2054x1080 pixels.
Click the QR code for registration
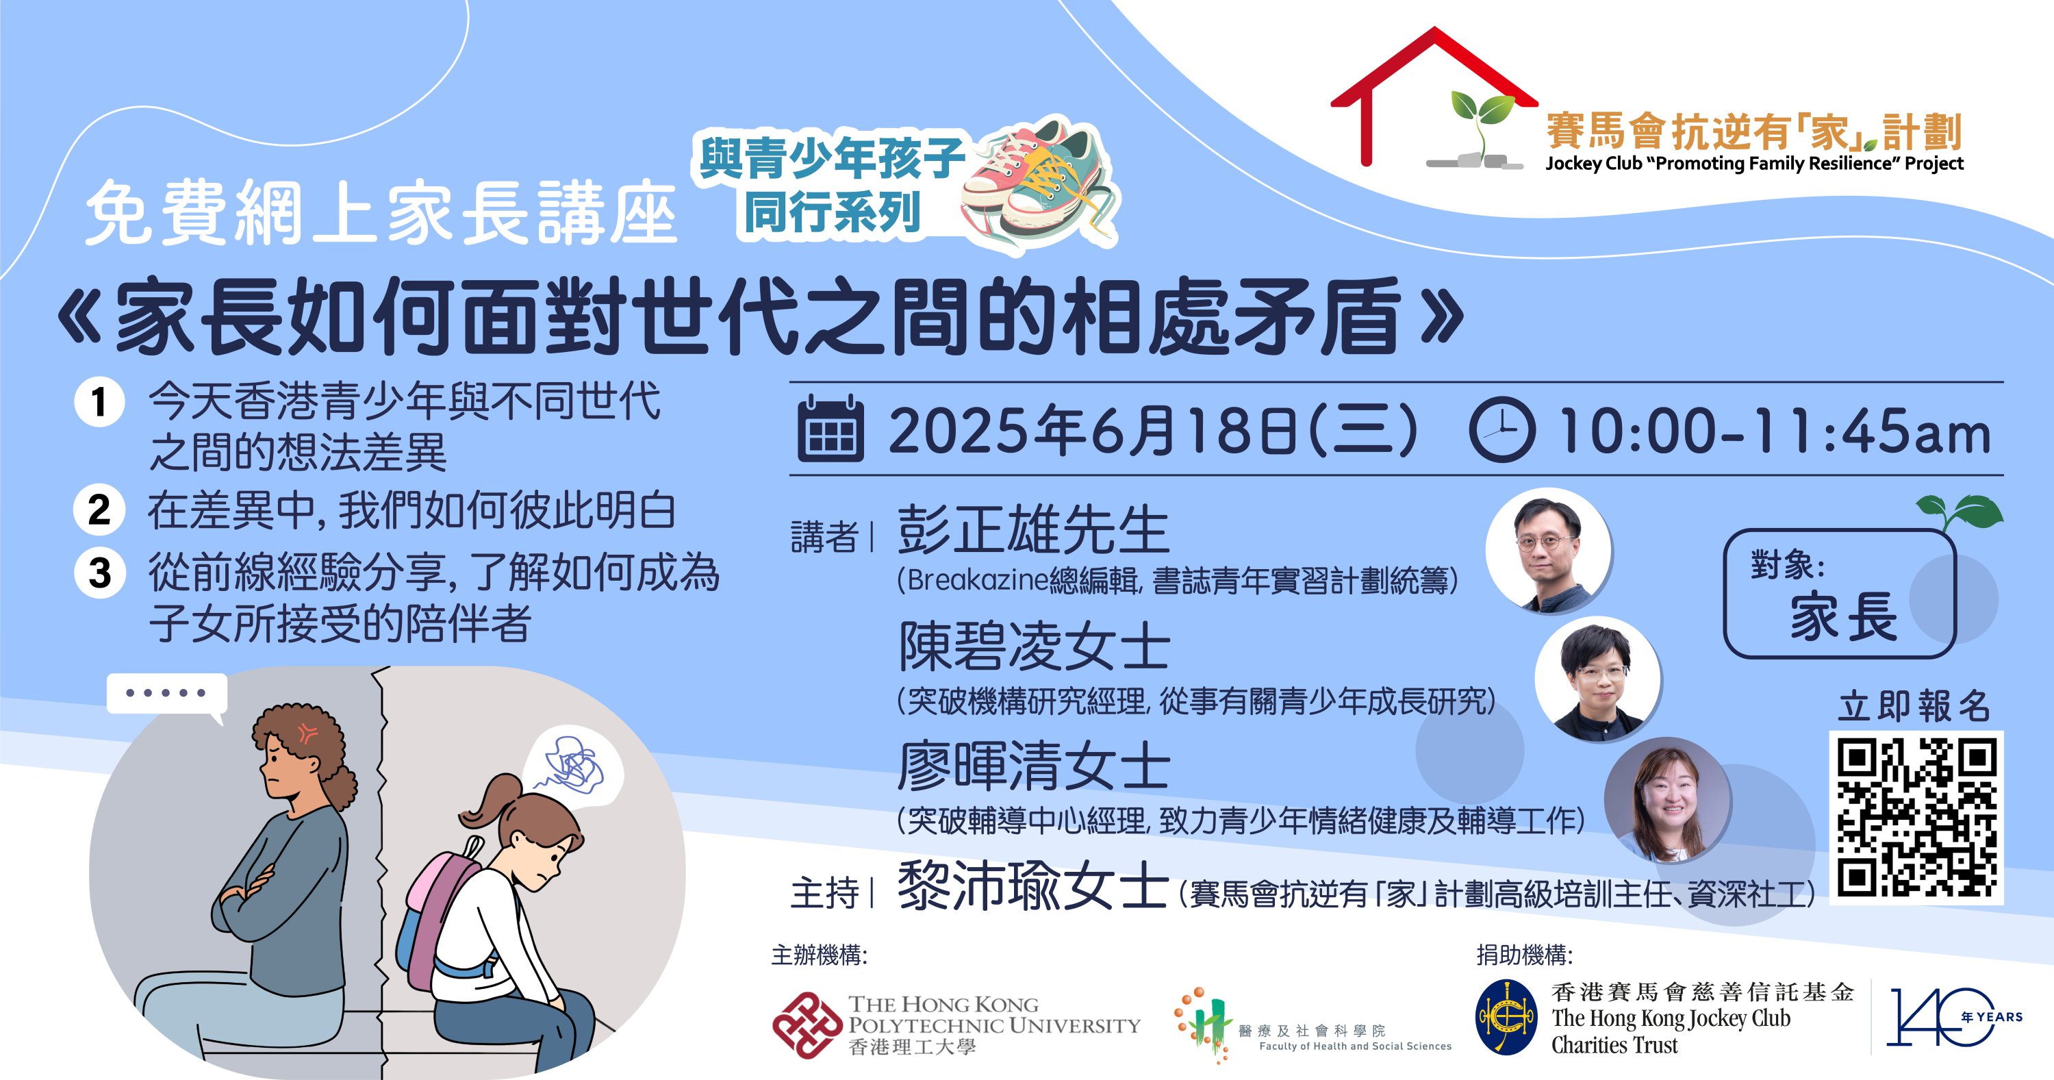pyautogui.click(x=1916, y=817)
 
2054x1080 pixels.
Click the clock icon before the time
pyautogui.click(x=1501, y=429)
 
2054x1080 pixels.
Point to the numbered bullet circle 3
pyautogui.click(x=100, y=572)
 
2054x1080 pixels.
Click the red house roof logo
pyautogui.click(x=1434, y=96)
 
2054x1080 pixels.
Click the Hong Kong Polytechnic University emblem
pyautogui.click(x=807, y=1025)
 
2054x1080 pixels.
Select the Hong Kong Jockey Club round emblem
pyautogui.click(x=1506, y=1018)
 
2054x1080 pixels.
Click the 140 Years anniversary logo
pyautogui.click(x=1953, y=1018)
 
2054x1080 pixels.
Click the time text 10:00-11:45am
pyautogui.click(x=1774, y=431)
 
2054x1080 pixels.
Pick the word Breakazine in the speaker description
pyautogui.click(x=978, y=580)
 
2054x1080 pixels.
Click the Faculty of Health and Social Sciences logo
pyautogui.click(x=1313, y=1026)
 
